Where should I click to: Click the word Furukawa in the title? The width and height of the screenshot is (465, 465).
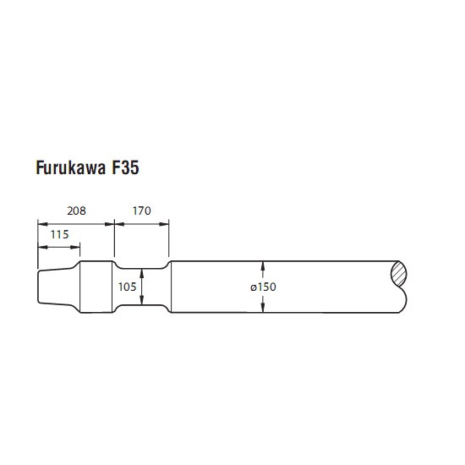click(x=70, y=168)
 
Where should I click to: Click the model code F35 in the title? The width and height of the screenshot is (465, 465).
click(x=125, y=168)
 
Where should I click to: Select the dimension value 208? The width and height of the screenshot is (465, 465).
click(x=76, y=211)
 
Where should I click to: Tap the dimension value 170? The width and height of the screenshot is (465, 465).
click(x=142, y=211)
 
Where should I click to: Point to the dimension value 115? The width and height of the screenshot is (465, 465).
click(x=60, y=234)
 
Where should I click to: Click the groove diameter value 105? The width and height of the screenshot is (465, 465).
click(x=127, y=287)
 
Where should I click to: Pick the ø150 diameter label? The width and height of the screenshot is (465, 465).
click(x=263, y=287)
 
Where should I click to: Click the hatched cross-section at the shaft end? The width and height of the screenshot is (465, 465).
click(x=399, y=274)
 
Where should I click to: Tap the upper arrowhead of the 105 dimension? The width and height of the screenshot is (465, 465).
click(x=142, y=274)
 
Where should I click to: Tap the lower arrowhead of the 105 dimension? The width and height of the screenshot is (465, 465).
click(x=142, y=300)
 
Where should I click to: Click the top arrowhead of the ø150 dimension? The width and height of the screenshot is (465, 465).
click(x=263, y=266)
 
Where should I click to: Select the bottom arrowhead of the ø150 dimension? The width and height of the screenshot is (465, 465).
click(x=263, y=308)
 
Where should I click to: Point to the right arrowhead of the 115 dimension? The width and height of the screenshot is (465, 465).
click(x=75, y=247)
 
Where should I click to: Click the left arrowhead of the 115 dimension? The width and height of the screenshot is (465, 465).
click(x=43, y=247)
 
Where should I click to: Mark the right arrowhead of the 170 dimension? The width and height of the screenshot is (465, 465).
click(x=164, y=224)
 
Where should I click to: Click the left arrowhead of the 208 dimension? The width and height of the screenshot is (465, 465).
click(x=43, y=224)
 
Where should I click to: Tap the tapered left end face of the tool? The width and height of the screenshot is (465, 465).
click(x=38, y=287)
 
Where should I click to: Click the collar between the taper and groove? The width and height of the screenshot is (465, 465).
click(x=96, y=287)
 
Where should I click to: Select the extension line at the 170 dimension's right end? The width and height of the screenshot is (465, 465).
click(x=169, y=238)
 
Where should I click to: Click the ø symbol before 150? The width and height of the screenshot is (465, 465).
click(x=253, y=287)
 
